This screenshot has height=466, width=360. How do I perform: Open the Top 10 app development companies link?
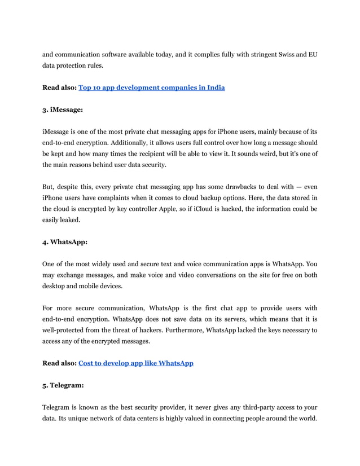tap(151, 87)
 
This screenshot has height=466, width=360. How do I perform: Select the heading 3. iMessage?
tap(63, 109)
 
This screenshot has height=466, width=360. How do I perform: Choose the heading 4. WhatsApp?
tap(65, 241)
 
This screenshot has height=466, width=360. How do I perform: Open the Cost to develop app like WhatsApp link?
tap(135, 363)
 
